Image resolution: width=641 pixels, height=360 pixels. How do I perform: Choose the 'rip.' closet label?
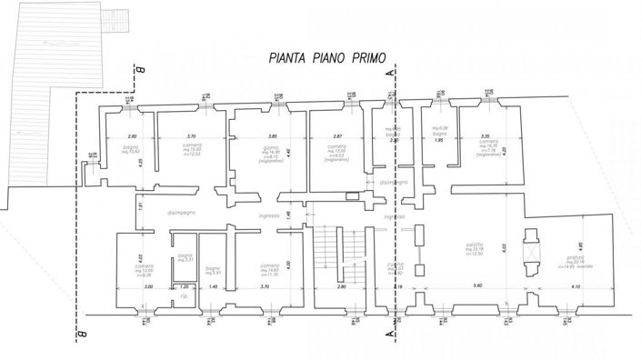click(184, 298)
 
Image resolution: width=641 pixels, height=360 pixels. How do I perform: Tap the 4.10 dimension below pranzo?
click(576, 286)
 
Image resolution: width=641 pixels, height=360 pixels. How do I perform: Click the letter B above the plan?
click(141, 67)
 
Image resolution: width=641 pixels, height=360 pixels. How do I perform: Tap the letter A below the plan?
click(390, 335)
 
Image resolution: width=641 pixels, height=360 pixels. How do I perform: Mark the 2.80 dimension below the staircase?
click(342, 286)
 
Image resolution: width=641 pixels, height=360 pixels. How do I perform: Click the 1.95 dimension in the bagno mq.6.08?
click(437, 141)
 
